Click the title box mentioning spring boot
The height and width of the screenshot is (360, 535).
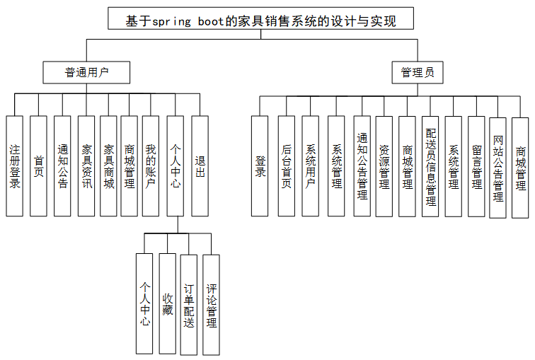(x=260, y=19)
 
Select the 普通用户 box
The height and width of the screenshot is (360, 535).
(x=87, y=71)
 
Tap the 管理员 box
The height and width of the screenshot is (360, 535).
(x=418, y=71)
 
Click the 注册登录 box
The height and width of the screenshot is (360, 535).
(x=15, y=166)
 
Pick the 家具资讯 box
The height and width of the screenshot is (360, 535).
(x=86, y=166)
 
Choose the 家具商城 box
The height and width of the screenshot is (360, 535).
(x=108, y=166)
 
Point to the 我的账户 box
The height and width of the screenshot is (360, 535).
(x=150, y=166)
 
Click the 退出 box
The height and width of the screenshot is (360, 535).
(x=200, y=166)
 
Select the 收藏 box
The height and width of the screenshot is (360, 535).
(x=167, y=303)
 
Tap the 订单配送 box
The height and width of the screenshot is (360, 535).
(x=189, y=303)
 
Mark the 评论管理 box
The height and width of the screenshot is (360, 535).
(x=211, y=303)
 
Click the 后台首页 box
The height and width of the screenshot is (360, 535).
(x=287, y=166)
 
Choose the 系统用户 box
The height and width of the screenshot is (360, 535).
(x=311, y=166)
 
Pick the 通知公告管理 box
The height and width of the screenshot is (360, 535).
(x=362, y=166)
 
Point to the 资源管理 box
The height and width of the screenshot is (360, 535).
(x=384, y=166)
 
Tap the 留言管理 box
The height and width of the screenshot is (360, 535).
(x=476, y=166)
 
